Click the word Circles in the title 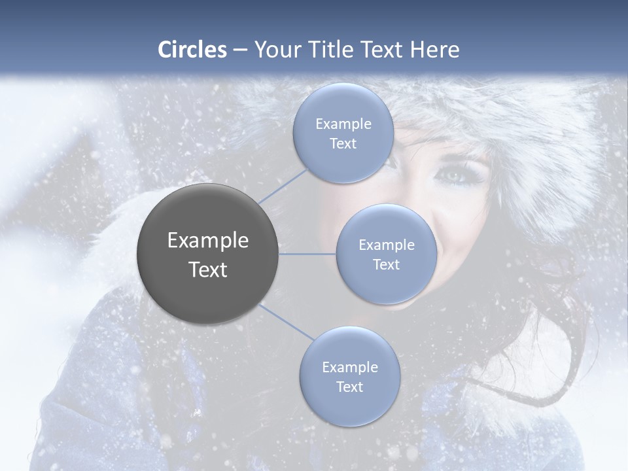pyautogui.click(x=192, y=50)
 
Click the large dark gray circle pyautogui.click(x=208, y=254)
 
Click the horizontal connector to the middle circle pyautogui.click(x=307, y=254)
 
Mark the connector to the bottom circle pyautogui.click(x=287, y=323)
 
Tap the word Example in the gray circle pyautogui.click(x=208, y=241)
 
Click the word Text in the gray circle pyautogui.click(x=208, y=270)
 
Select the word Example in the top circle pyautogui.click(x=343, y=124)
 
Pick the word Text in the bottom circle pyautogui.click(x=349, y=387)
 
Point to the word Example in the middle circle pyautogui.click(x=387, y=245)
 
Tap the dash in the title pyautogui.click(x=239, y=50)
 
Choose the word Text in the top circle pyautogui.click(x=343, y=143)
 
